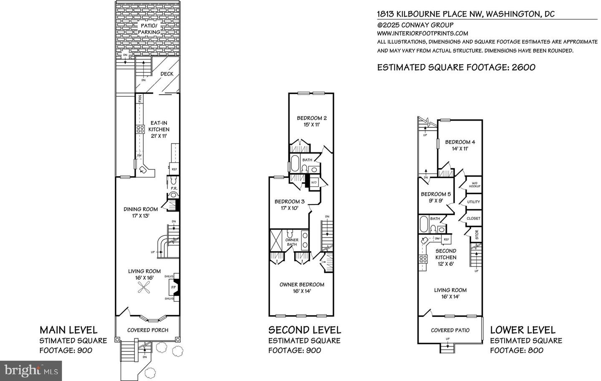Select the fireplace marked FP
(173, 287)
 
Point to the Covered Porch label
(148, 330)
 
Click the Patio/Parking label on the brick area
(149, 29)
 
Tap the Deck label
(167, 74)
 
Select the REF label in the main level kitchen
(174, 169)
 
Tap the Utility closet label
(473, 202)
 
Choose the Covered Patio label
(450, 330)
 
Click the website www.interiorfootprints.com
(422, 33)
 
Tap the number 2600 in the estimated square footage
(521, 67)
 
